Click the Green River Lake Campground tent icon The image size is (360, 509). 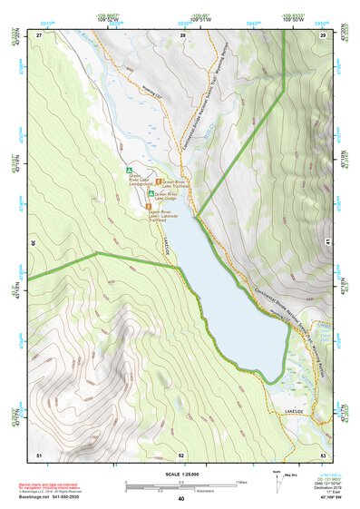click(x=130, y=170)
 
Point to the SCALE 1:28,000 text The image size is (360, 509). click(x=180, y=472)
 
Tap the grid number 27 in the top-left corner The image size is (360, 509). click(x=40, y=34)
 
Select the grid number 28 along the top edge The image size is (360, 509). click(x=183, y=34)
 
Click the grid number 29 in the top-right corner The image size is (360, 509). click(x=323, y=34)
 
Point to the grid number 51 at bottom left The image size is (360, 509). click(x=39, y=454)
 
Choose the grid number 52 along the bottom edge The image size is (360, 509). click(x=181, y=454)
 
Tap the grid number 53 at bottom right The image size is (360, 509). click(x=323, y=454)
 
